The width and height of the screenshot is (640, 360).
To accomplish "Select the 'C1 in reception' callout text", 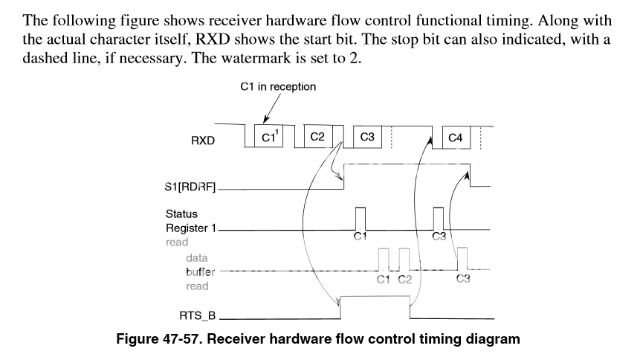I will coord(278,87).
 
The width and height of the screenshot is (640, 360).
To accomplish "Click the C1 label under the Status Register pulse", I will coord(361,237).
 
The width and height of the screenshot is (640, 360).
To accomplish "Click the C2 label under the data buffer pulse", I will coord(404,279).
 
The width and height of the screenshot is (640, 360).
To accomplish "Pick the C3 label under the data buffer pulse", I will coord(462,279).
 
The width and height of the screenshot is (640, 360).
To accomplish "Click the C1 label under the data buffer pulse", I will coord(384,279).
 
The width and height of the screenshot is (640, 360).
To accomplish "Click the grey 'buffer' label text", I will coord(201,271).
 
